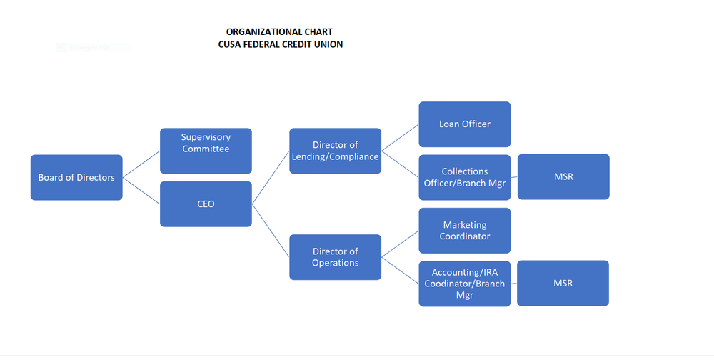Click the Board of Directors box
76,177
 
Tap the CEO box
206,204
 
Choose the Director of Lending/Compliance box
335,151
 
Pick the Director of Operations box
335,257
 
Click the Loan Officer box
464,124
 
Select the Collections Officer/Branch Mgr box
464,177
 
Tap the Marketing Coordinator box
464,231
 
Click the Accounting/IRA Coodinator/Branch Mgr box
464,284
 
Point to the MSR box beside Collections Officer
563,176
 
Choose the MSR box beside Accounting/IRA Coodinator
563,283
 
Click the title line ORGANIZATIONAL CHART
279,32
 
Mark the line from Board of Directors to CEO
141,191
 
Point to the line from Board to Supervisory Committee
141,164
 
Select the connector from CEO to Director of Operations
271,231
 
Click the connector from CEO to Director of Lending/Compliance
271,177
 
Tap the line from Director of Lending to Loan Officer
400,138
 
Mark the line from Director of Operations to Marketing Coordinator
400,244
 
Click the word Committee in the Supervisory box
206,149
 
